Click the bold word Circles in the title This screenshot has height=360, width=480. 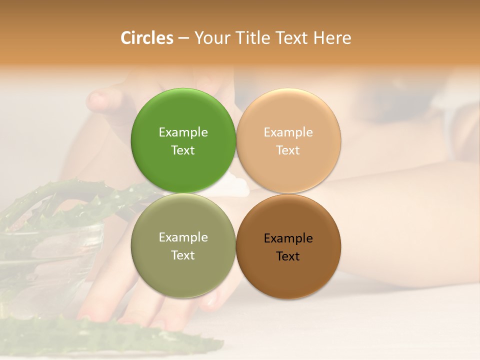pyautogui.click(x=147, y=38)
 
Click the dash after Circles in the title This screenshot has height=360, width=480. pyautogui.click(x=183, y=38)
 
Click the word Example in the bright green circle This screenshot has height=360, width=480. pyautogui.click(x=183, y=132)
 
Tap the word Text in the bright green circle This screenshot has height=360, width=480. pyautogui.click(x=183, y=150)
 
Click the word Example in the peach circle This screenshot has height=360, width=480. pyautogui.click(x=288, y=132)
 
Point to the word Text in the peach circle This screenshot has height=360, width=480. pyautogui.click(x=288, y=150)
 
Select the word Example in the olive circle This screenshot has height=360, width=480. pyautogui.click(x=183, y=237)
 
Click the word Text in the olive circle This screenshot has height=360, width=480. pyautogui.click(x=183, y=255)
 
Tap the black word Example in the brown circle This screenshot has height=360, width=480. pyautogui.click(x=288, y=238)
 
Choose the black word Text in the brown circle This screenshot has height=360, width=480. pyautogui.click(x=288, y=256)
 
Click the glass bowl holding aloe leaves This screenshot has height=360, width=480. pyautogui.click(x=50, y=250)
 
